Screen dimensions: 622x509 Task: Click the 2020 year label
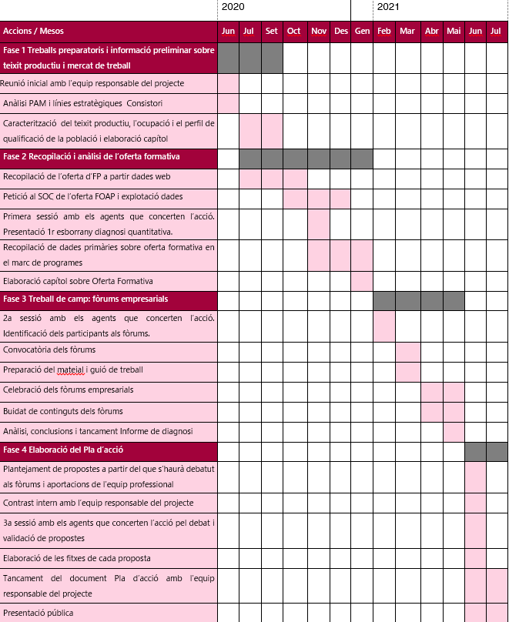(x=233, y=7)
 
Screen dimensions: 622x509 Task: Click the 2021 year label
(x=388, y=7)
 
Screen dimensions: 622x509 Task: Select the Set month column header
(x=272, y=32)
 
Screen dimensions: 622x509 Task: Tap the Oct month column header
(x=294, y=32)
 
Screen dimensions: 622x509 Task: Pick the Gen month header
(x=362, y=32)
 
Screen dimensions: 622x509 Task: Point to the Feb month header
(x=383, y=32)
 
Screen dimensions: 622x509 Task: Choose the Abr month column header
(x=432, y=32)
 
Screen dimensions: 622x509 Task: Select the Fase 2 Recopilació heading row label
(x=92, y=157)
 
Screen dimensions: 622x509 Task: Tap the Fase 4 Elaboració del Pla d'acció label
(x=63, y=450)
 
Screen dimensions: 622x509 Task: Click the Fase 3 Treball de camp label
(x=85, y=299)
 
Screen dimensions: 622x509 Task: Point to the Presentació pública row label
(x=39, y=613)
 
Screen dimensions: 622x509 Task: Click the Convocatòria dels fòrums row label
(x=49, y=350)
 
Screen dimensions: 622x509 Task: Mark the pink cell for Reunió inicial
(x=228, y=83)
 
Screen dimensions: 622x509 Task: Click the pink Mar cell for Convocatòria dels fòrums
(x=407, y=351)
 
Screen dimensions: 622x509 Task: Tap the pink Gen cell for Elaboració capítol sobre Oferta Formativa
(x=362, y=281)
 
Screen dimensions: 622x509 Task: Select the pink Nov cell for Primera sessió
(x=318, y=223)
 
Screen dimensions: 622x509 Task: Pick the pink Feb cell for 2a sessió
(x=383, y=326)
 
